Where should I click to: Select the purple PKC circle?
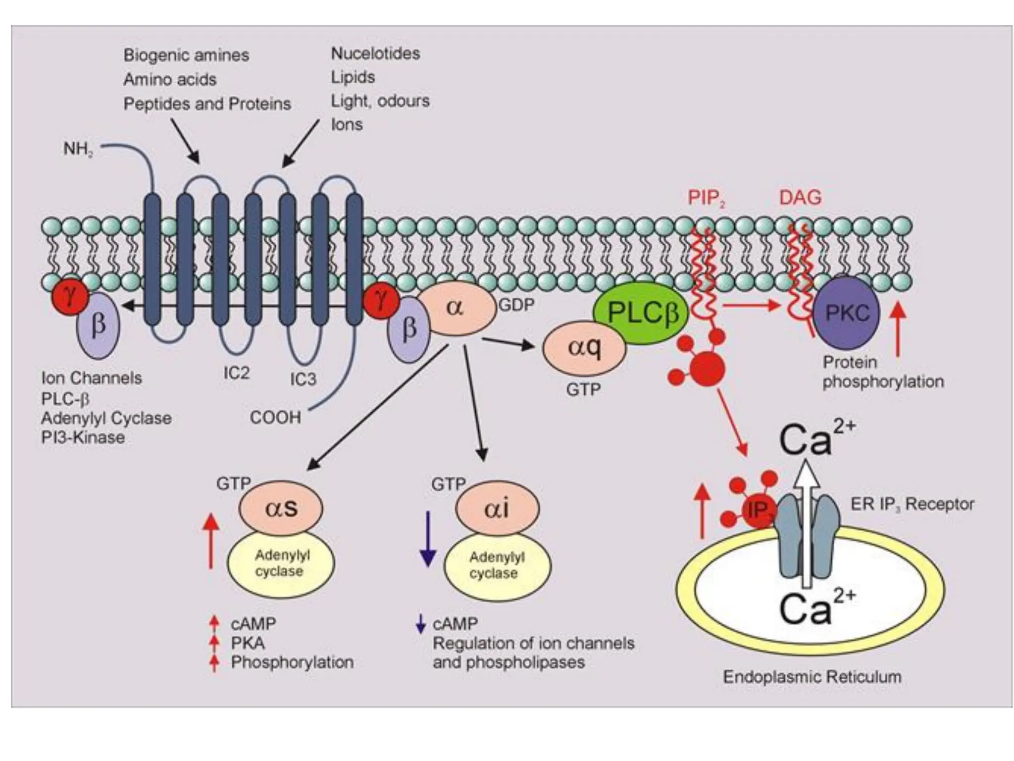[846, 313]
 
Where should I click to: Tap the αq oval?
[584, 347]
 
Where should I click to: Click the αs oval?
[281, 508]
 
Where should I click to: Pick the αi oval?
[497, 508]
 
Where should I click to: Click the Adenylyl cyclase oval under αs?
[280, 563]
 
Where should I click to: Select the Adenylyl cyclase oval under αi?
[497, 565]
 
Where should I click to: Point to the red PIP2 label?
[706, 198]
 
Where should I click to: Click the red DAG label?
[800, 198]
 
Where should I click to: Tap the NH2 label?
[78, 149]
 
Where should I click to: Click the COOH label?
[275, 417]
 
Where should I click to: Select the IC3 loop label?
[303, 380]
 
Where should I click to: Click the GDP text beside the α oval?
[516, 305]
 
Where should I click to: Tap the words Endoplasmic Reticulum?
[811, 677]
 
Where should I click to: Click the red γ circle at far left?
[70, 296]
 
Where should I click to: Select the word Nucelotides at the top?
[375, 54]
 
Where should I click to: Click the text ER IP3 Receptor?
[912, 504]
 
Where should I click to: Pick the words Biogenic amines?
[186, 55]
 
